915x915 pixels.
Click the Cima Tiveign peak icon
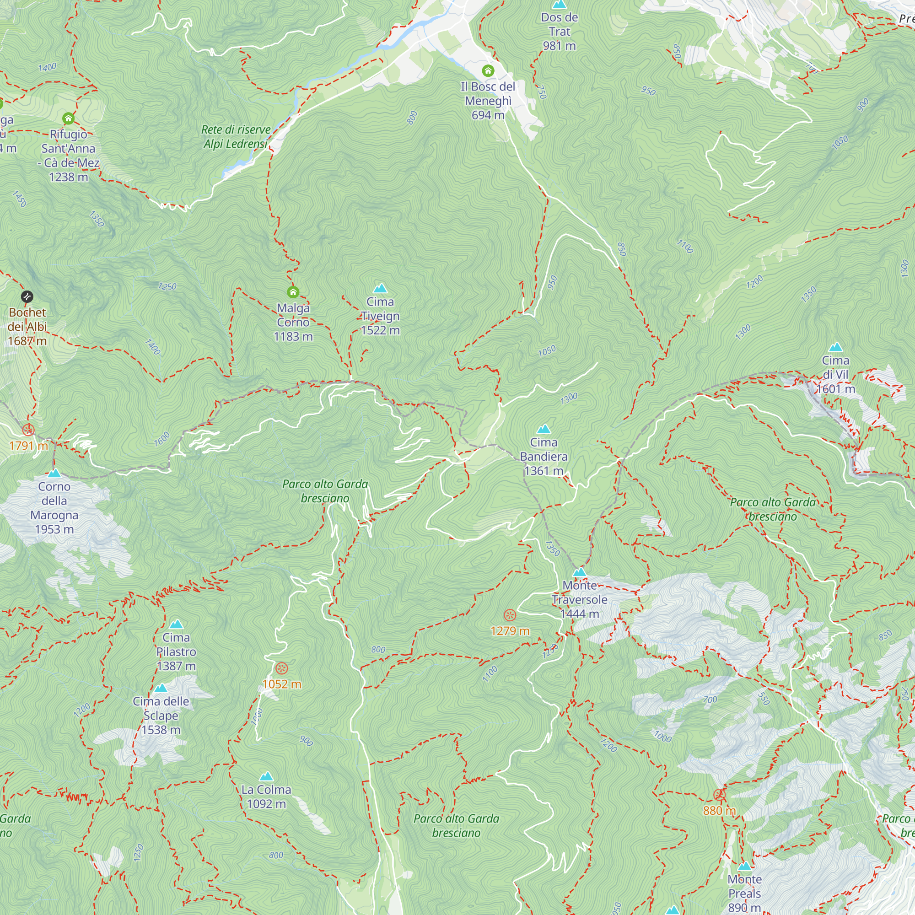[x=380, y=288]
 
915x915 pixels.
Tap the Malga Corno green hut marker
[x=293, y=292]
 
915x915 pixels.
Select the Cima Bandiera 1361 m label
[x=543, y=457]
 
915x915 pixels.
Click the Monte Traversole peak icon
[x=579, y=573]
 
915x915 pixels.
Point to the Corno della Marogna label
[x=54, y=508]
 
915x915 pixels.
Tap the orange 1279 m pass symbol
[x=510, y=615]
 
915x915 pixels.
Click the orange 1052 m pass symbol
[x=282, y=668]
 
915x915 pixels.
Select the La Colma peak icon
[x=266, y=776]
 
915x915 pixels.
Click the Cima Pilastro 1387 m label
[x=176, y=651]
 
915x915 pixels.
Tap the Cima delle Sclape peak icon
[x=161, y=688]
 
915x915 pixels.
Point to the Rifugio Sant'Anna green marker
[x=68, y=118]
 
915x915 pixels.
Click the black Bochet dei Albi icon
[x=27, y=297]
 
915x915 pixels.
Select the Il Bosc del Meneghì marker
[x=488, y=71]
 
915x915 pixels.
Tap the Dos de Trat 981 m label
[x=560, y=32]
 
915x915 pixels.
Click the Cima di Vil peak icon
[x=835, y=347]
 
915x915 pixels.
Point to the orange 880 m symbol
[x=719, y=795]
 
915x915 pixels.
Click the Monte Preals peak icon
[x=744, y=866]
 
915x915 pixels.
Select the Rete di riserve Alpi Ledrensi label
[x=236, y=136]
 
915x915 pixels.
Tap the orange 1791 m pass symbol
[x=28, y=430]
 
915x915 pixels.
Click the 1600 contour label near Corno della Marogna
[x=161, y=439]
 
